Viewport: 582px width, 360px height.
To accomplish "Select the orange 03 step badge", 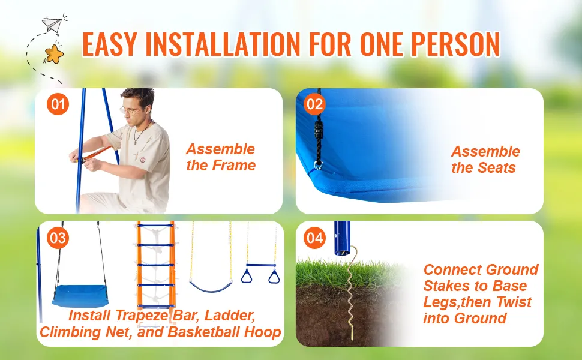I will click(58, 238).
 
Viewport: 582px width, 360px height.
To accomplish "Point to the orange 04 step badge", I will click(314, 238).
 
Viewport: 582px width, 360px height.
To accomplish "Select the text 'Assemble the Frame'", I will click(221, 157).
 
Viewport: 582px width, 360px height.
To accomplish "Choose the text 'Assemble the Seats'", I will click(485, 160).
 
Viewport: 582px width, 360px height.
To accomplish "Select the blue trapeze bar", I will click(261, 264).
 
